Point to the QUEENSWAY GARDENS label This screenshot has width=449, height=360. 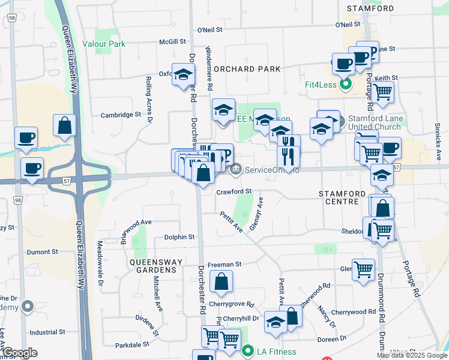click(x=152, y=266)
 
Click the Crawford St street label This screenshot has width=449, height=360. click(x=234, y=192)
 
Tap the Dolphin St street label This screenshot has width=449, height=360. click(x=179, y=238)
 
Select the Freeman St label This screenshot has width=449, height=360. click(x=224, y=264)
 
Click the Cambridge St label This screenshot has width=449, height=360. click(x=121, y=115)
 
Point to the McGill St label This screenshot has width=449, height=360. click(x=172, y=42)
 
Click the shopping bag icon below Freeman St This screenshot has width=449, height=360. click(x=221, y=281)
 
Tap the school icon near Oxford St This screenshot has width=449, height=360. click(x=183, y=75)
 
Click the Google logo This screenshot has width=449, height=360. click(x=20, y=353)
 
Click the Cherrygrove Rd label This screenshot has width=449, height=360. click(x=231, y=304)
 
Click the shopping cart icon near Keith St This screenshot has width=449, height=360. click(x=382, y=93)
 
